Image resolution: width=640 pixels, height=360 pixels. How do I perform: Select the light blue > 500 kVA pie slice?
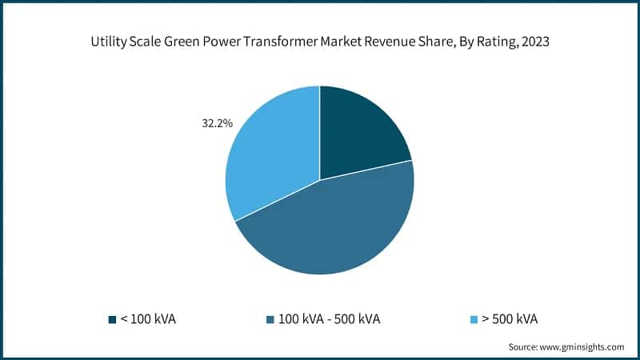point(268,156)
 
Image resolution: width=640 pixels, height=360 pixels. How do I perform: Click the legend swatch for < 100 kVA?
point(112,319)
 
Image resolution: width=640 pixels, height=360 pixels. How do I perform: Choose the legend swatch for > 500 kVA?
point(472,319)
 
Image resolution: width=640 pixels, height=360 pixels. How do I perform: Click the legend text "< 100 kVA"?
point(148,319)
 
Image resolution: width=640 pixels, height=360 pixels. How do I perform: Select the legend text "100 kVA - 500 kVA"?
point(324,319)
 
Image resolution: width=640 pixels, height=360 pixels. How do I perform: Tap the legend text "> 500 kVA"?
point(509,319)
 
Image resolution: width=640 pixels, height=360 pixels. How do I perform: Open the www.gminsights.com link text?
point(585,346)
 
